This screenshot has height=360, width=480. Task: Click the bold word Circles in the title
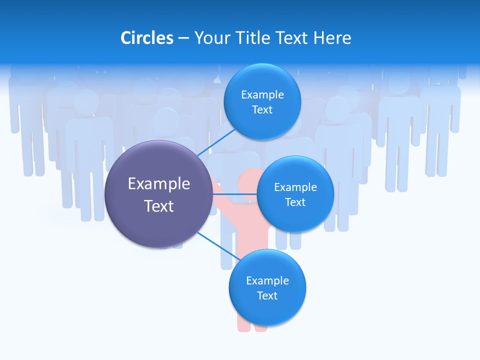[x=147, y=38]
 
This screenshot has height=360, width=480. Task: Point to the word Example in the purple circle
[x=159, y=183]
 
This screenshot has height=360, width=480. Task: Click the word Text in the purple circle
[x=159, y=205]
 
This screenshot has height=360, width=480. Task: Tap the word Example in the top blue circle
[x=262, y=95]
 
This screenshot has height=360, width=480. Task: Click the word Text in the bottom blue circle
[x=267, y=295]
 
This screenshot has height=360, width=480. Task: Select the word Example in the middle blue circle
[x=295, y=187]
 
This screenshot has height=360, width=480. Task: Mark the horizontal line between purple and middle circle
[x=235, y=193]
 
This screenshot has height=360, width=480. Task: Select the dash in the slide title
[x=183, y=38]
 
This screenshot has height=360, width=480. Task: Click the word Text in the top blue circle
[x=262, y=109]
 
